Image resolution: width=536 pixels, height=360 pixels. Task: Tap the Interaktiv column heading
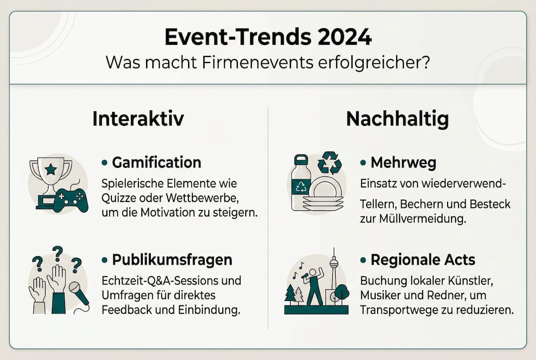(138, 119)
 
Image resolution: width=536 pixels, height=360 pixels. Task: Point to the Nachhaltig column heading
(397, 119)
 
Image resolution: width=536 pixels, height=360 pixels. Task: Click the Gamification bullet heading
(156, 162)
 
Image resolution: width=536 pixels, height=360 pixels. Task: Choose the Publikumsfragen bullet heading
(172, 260)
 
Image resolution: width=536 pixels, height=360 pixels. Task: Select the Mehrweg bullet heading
(404, 162)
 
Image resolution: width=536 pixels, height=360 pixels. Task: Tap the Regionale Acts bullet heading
(423, 260)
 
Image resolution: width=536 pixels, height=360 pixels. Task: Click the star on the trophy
(50, 169)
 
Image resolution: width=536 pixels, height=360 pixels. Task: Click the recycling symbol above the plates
(330, 162)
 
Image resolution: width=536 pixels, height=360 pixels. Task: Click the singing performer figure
(314, 285)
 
